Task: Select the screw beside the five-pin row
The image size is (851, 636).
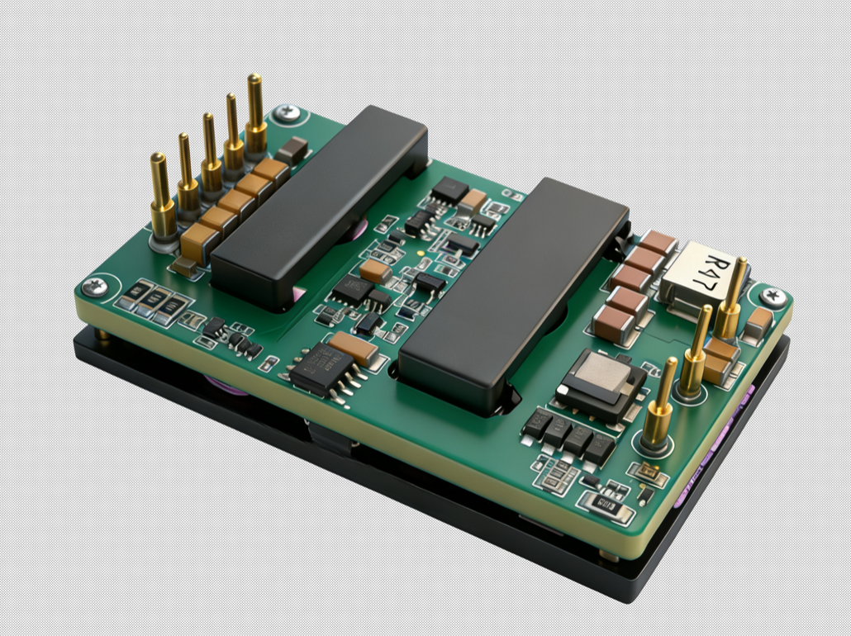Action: (287, 113)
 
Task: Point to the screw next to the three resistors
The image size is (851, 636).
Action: (95, 286)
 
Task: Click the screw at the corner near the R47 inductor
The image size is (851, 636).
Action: (773, 297)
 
